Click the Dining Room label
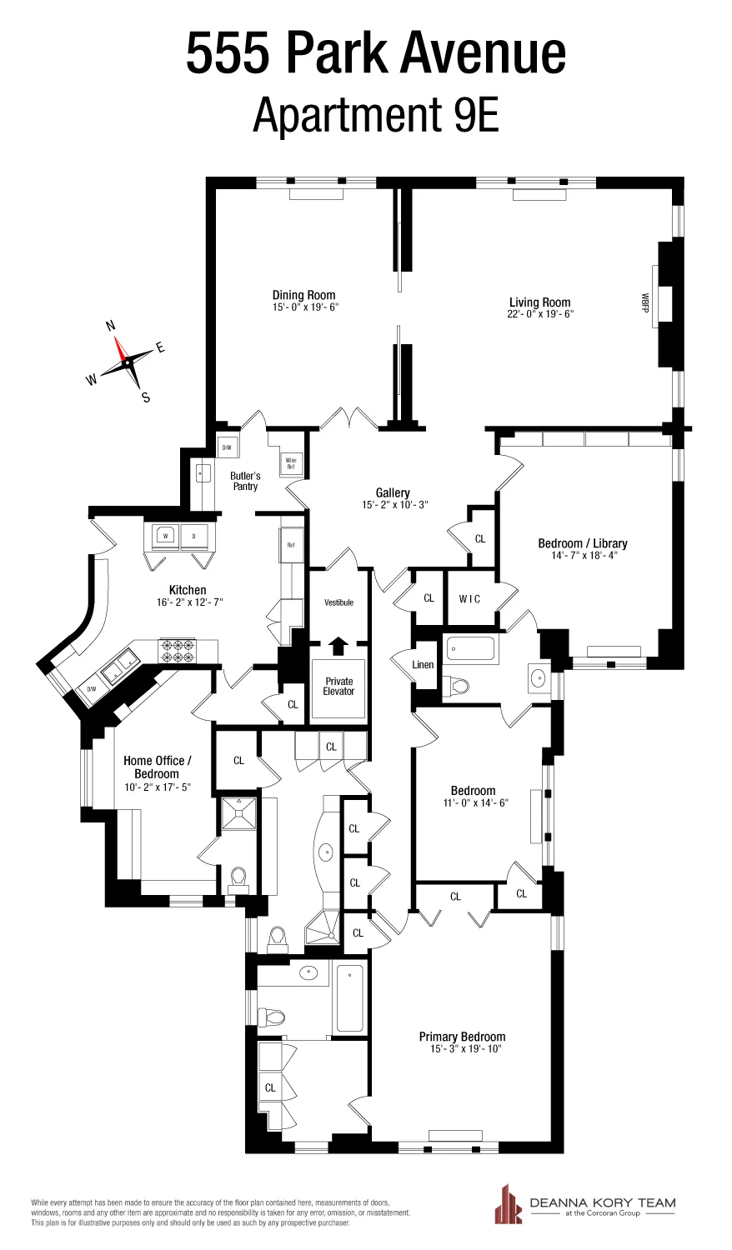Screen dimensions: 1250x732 tap(303, 295)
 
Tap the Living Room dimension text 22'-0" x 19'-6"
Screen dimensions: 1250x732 tap(541, 314)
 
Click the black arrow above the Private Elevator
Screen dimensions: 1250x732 tap(338, 644)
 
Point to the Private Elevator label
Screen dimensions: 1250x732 tap(338, 686)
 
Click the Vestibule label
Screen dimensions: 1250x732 tap(338, 602)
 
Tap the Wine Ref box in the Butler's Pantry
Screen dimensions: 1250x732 tap(291, 463)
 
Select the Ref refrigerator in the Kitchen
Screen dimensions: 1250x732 tap(291, 545)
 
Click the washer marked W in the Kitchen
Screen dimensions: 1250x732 tap(166, 536)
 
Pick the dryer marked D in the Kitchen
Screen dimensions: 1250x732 tap(194, 536)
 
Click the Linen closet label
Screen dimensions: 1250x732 tap(423, 665)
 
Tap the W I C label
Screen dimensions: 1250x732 tap(469, 598)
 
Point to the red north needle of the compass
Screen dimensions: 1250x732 tap(121, 349)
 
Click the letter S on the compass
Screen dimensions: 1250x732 tap(146, 398)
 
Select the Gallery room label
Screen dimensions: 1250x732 tap(393, 493)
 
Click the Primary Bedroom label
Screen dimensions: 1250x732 tap(462, 1037)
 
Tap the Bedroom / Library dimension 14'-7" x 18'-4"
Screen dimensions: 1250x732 tap(583, 555)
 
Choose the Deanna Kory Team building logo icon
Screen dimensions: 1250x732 tap(509, 1203)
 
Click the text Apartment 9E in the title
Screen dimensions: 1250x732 tap(375, 114)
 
